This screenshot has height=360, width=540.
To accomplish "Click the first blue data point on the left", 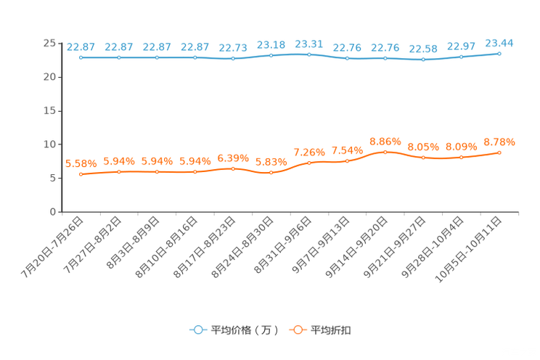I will pyautogui.click(x=81, y=57).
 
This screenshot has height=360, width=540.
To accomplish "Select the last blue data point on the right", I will pyautogui.click(x=499, y=53).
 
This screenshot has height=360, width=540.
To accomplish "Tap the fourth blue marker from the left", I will pyautogui.click(x=195, y=57).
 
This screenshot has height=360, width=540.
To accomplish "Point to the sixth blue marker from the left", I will pyautogui.click(x=271, y=55).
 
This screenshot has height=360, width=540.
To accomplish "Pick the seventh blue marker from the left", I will pyautogui.click(x=309, y=54).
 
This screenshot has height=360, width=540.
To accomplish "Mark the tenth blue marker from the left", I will pyautogui.click(x=423, y=59).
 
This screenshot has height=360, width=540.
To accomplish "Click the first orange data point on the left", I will pyautogui.click(x=81, y=173).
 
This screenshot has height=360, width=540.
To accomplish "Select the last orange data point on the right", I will pyautogui.click(x=499, y=152).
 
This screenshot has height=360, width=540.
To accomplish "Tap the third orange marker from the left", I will pyautogui.click(x=157, y=171).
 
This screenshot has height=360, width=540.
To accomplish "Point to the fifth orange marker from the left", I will pyautogui.click(x=233, y=168).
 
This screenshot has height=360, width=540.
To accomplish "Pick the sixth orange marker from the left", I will pyautogui.click(x=271, y=172).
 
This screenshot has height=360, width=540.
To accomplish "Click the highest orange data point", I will pyautogui.click(x=385, y=151).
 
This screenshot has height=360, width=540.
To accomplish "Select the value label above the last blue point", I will pyautogui.click(x=499, y=43).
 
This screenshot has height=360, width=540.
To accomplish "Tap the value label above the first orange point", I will pyautogui.click(x=81, y=163).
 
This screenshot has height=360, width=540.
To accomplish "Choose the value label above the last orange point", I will pyautogui.click(x=499, y=142).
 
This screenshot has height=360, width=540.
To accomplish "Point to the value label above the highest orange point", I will pyautogui.click(x=385, y=141).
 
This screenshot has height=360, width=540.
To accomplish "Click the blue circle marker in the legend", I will pyautogui.click(x=197, y=330).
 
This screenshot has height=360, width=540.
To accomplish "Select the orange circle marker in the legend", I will pyautogui.click(x=298, y=330).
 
